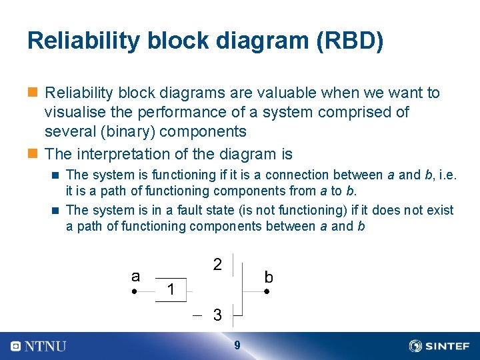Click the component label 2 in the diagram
[217, 264]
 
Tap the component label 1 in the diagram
[171, 289]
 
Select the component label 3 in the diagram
[217, 315]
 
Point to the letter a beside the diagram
[135, 276]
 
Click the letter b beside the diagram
[268, 277]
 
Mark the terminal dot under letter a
[134, 292]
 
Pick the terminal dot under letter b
[266, 292]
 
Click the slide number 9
[237, 345]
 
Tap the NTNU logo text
[45, 346]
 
